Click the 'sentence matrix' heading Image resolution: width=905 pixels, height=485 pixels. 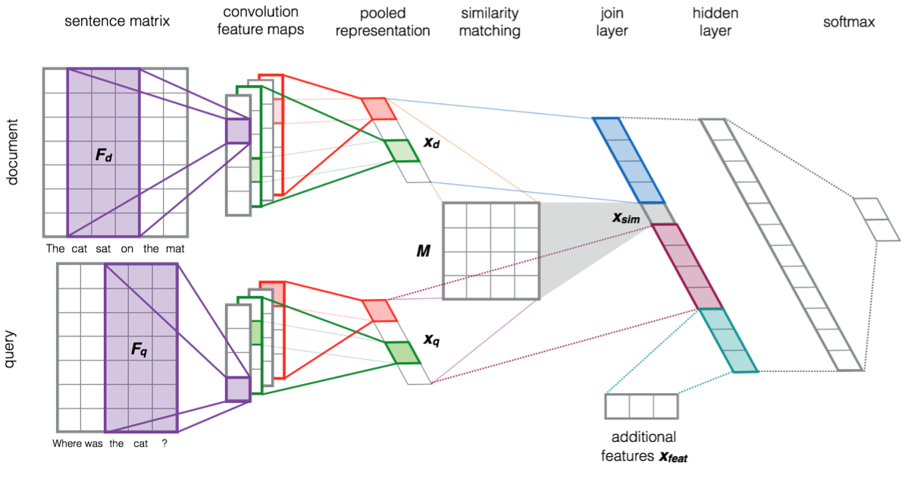click(x=116, y=22)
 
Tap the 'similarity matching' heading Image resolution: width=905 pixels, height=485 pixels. click(x=490, y=22)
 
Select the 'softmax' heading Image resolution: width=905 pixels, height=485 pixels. click(x=849, y=22)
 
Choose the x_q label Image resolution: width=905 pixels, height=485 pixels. click(x=431, y=340)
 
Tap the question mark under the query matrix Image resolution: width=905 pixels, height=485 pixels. click(x=164, y=444)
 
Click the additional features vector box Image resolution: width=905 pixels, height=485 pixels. click(x=640, y=406)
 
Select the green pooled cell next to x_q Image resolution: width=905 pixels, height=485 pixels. click(x=402, y=352)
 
